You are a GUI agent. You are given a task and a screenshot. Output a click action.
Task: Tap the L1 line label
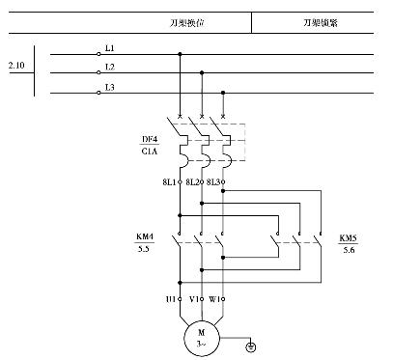[109, 47]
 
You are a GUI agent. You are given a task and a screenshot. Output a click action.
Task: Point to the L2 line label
[109, 67]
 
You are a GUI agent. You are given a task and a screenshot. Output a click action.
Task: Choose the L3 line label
[109, 88]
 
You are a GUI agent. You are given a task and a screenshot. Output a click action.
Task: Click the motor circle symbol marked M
[202, 337]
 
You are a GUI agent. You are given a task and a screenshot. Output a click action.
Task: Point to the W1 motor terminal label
[215, 299]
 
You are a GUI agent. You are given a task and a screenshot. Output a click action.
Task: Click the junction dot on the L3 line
[224, 93]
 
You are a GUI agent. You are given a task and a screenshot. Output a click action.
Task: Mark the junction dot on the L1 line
[179, 54]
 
